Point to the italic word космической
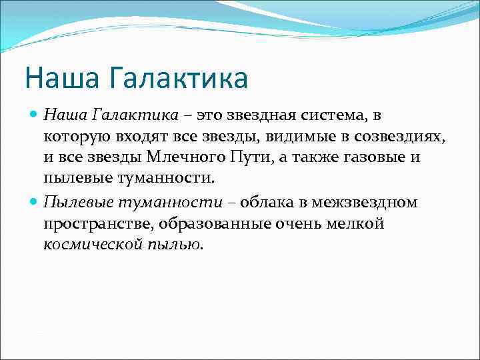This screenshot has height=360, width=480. pyautogui.click(x=91, y=245)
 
